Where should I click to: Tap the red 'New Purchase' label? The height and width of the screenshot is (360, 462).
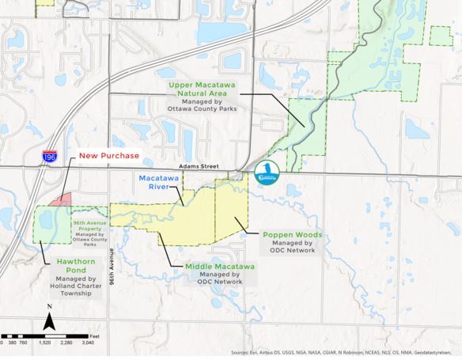click(108, 155)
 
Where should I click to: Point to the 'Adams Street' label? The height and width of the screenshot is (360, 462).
click(199, 168)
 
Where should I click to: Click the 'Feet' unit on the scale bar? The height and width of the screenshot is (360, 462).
click(94, 337)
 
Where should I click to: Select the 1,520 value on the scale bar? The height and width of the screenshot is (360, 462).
click(45, 343)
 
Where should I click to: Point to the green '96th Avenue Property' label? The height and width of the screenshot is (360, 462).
click(89, 225)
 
